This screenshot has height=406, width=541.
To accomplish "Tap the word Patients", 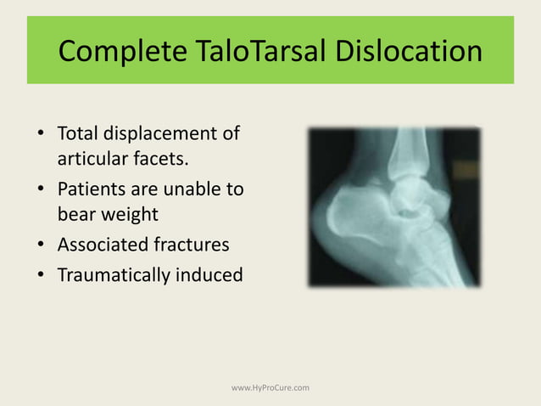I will [x=92, y=189].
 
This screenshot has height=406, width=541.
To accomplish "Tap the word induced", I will [x=210, y=274].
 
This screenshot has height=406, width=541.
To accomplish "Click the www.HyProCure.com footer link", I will [x=270, y=387].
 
